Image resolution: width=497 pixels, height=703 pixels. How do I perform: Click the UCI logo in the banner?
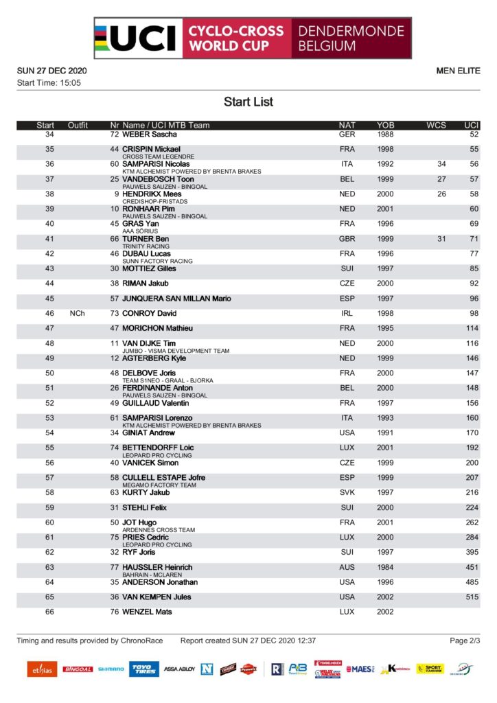click(x=137, y=38)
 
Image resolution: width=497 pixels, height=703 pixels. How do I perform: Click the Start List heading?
click(x=248, y=102)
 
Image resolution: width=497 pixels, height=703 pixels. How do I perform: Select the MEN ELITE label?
click(x=458, y=71)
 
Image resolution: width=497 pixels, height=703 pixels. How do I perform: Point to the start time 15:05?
click(x=70, y=83)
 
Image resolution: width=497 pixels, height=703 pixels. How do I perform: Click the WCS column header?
click(x=436, y=126)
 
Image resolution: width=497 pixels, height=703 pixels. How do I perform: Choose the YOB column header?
click(x=386, y=126)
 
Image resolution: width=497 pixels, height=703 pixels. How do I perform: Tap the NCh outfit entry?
click(x=77, y=313)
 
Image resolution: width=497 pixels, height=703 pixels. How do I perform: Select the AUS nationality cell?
click(x=347, y=568)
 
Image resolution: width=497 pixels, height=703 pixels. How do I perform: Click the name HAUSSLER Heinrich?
click(x=157, y=568)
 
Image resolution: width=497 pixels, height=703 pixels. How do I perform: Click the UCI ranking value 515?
click(x=472, y=597)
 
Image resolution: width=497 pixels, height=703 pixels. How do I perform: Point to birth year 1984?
click(x=386, y=568)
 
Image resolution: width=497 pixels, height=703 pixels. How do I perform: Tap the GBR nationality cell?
click(x=347, y=239)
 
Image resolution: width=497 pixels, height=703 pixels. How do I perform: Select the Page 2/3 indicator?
click(x=465, y=641)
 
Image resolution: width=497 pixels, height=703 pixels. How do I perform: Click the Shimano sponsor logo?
click(x=111, y=669)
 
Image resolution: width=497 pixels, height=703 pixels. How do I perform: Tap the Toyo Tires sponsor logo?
click(x=144, y=669)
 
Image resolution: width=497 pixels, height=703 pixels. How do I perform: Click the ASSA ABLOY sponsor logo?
click(x=179, y=669)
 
